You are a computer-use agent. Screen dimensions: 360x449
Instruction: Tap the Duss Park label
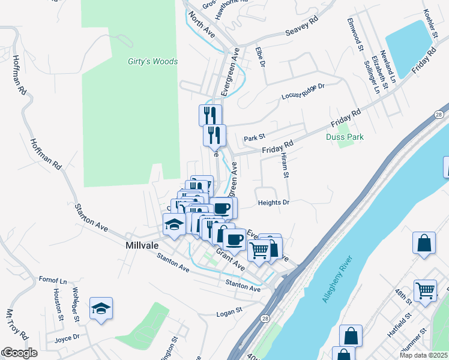(345, 137)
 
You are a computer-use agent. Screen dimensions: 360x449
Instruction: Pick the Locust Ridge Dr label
(303, 92)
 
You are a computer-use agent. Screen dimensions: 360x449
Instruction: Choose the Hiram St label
(285, 165)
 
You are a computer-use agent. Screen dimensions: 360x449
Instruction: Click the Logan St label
(228, 311)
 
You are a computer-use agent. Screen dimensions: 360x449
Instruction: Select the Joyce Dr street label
(67, 337)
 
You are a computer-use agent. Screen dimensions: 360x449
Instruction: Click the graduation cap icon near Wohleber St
(101, 308)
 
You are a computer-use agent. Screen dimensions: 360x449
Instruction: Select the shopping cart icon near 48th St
(425, 290)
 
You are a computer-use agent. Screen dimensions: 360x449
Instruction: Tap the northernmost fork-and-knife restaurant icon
(210, 114)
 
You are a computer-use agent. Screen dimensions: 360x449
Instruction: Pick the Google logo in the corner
(19, 353)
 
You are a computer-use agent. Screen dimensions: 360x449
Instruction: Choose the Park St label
(255, 139)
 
